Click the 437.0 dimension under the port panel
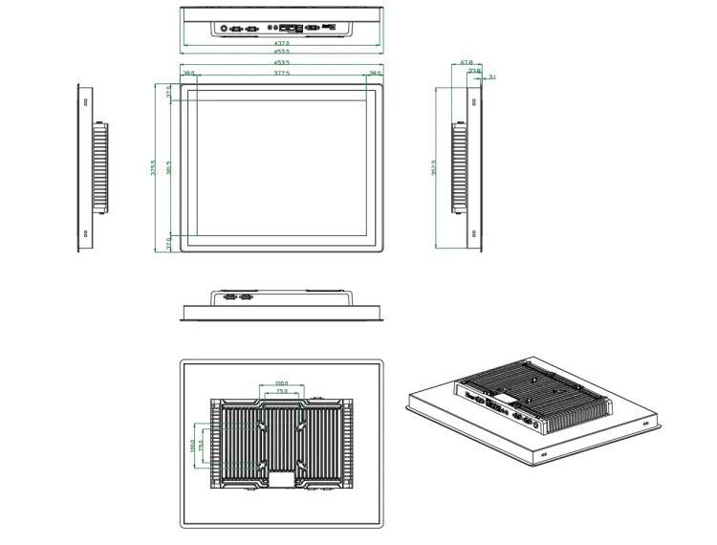point(282,43)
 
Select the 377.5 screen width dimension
point(282,73)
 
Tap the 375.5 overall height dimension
point(155,168)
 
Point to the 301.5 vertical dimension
point(169,168)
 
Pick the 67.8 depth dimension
point(467,62)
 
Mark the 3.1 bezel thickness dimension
point(491,76)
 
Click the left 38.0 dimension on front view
point(188,73)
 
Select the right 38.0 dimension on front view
point(375,73)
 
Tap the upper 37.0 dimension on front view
point(170,93)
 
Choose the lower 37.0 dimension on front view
point(170,245)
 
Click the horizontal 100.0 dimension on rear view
point(281,383)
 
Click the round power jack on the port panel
point(227,29)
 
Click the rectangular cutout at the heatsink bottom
point(281,479)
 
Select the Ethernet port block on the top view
point(285,29)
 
